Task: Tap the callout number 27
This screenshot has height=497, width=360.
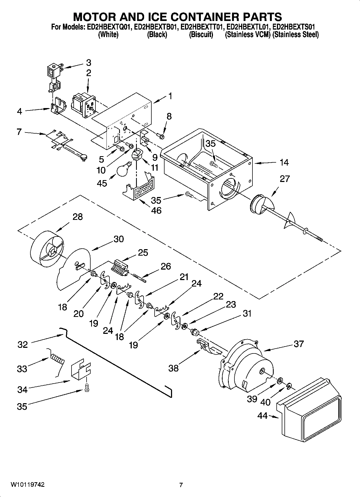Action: click(x=284, y=178)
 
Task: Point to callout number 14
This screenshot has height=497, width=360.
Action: click(x=284, y=162)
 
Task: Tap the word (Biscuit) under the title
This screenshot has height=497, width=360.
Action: click(x=201, y=35)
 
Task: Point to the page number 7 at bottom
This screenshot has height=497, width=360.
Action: click(x=181, y=485)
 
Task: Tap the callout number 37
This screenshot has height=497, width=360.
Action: click(x=298, y=344)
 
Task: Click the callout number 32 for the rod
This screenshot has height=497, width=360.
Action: click(x=23, y=345)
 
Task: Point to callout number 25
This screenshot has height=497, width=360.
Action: click(x=143, y=253)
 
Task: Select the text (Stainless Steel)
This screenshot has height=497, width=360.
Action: click(x=295, y=35)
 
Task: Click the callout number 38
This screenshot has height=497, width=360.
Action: click(x=173, y=368)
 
